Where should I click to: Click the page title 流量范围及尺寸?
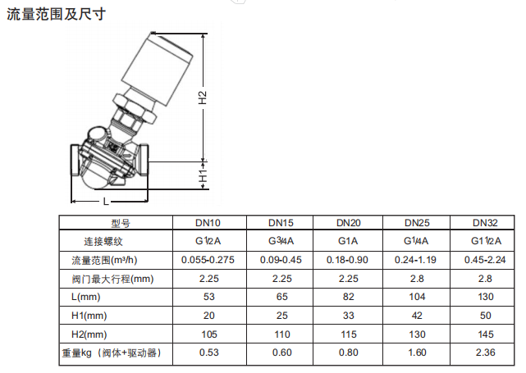click(x=57, y=14)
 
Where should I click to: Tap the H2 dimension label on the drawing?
click(x=203, y=98)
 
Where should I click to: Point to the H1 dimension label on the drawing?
click(x=204, y=175)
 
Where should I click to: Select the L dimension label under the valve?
click(x=106, y=201)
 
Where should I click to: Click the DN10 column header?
click(x=208, y=223)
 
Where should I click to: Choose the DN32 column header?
click(x=485, y=223)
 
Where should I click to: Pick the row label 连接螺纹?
click(x=103, y=241)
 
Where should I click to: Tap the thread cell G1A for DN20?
click(x=348, y=241)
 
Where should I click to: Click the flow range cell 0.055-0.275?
click(x=208, y=260)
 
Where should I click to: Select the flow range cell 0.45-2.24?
click(x=485, y=260)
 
